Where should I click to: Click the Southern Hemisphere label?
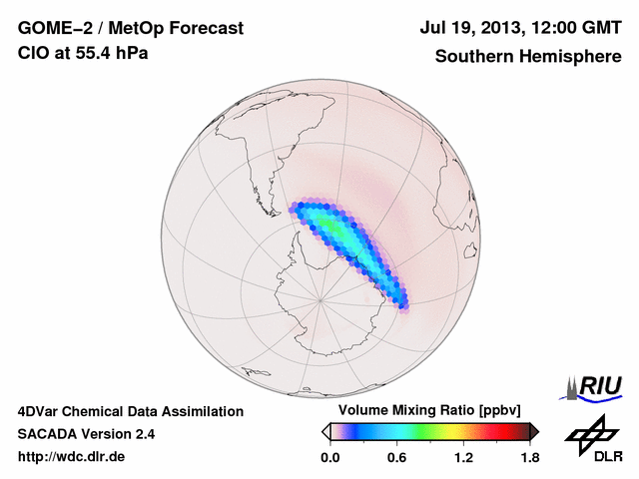click(528, 57)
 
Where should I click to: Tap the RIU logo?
click(597, 386)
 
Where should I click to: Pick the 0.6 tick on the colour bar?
click(396, 457)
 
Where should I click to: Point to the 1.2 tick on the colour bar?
click(463, 457)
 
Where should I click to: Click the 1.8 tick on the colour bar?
click(529, 457)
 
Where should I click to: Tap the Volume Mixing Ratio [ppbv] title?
click(425, 411)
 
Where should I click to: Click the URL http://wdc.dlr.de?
click(72, 457)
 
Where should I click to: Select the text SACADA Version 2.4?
click(86, 434)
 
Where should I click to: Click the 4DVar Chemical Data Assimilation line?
click(130, 411)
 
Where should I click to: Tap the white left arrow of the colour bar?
click(325, 431)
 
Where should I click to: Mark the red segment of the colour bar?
click(504, 431)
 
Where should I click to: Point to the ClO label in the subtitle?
click(32, 53)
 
